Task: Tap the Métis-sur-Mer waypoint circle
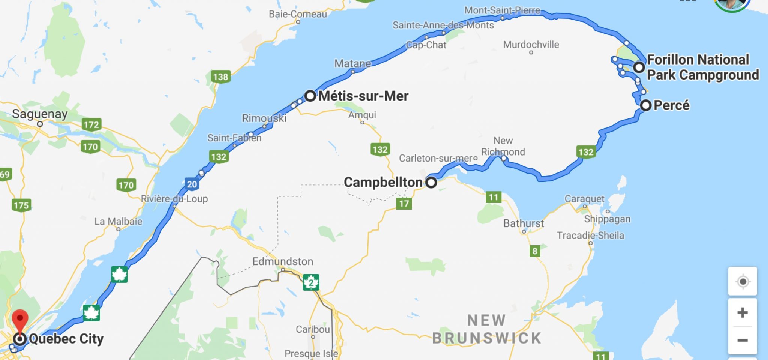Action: coord(310,96)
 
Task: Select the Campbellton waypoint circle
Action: coord(431,183)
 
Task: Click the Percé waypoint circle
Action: coord(645,105)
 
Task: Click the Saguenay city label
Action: coord(40,114)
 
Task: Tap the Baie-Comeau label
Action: coord(298,14)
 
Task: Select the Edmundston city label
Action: coord(283,261)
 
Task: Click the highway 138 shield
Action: coord(220,77)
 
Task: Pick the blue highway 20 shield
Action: coord(192,184)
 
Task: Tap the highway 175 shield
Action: coord(21,205)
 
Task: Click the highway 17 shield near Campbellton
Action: coord(404,204)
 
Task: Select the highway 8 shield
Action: coord(535,251)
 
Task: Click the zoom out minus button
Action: coord(742,340)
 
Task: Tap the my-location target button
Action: coord(742,281)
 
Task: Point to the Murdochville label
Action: coord(531,45)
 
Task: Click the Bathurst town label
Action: coord(523,223)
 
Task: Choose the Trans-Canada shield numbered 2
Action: coord(311,282)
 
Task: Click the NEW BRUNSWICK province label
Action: coord(486,329)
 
